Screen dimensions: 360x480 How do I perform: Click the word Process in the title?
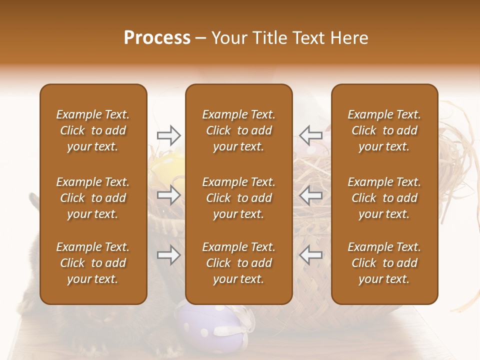coord(157,38)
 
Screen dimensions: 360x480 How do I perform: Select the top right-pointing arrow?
coord(168,135)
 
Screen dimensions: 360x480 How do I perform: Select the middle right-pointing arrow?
coord(168,195)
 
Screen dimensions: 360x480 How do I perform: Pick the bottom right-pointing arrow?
coord(168,255)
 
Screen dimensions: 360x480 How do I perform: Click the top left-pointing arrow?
coord(310,135)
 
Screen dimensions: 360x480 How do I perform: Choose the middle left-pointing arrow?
coord(310,195)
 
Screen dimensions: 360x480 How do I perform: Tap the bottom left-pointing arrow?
coord(310,255)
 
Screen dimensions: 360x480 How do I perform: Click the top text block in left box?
coord(93,130)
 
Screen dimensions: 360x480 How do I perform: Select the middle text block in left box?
coord(93,198)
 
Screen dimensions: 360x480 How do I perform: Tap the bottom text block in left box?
coord(93,263)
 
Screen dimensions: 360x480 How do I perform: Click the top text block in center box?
coord(239,130)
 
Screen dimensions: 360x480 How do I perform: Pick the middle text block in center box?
coord(239,198)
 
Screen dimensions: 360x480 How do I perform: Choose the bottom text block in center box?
coord(239,263)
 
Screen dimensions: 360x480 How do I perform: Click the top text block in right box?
coord(384,130)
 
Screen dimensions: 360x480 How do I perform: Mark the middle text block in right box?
coord(384,198)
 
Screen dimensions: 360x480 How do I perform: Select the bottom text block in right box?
coord(384,263)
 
